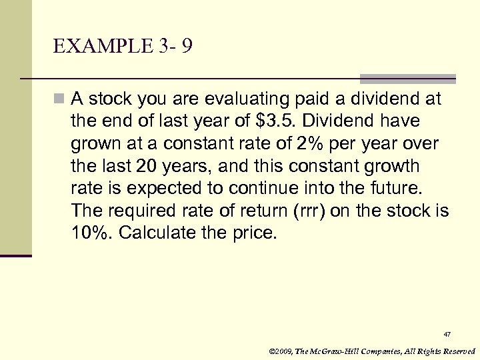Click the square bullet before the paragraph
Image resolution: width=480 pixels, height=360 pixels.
60,100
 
